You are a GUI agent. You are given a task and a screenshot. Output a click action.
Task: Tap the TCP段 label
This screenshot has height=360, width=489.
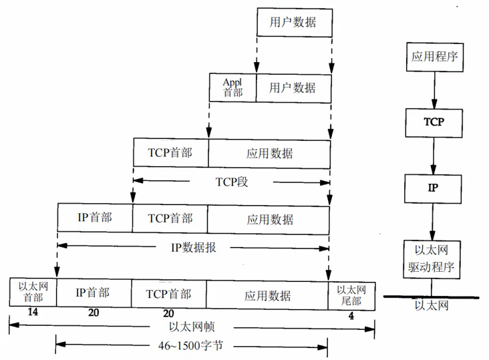[x=230, y=181]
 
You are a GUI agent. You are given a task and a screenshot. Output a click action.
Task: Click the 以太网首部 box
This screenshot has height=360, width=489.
[x=32, y=293]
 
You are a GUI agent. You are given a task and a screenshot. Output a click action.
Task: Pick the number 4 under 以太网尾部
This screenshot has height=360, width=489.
[x=351, y=313]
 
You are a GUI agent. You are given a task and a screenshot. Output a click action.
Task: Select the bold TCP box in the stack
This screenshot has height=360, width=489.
[x=434, y=123]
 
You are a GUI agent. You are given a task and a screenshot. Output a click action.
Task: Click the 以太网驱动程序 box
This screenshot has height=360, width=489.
[x=434, y=259]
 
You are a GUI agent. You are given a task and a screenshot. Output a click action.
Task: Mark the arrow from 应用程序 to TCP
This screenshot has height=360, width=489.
[x=434, y=90]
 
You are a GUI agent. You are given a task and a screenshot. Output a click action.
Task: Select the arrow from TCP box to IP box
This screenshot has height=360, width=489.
[x=434, y=155]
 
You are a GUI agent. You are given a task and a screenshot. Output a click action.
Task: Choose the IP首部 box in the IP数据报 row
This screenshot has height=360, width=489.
[x=95, y=218]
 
